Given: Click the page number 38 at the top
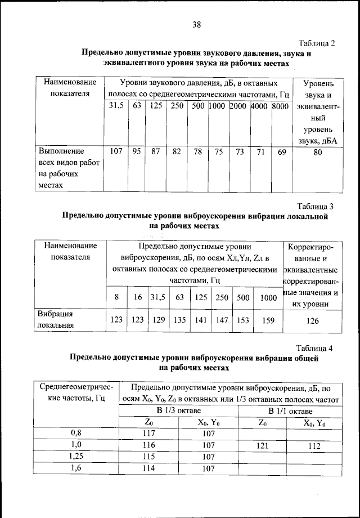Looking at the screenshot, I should (x=196, y=24).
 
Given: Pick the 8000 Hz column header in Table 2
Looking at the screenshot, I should (x=280, y=106).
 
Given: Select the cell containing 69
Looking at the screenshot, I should (x=281, y=151).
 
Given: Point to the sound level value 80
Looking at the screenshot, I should (x=318, y=151).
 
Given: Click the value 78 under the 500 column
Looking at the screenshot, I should (x=198, y=151).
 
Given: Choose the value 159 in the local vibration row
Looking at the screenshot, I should (x=269, y=320).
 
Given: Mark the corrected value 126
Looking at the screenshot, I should (x=312, y=320).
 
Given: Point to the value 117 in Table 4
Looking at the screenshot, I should (x=149, y=434).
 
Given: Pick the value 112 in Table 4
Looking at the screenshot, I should (x=314, y=445).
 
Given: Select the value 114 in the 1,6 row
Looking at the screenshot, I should (x=149, y=467).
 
